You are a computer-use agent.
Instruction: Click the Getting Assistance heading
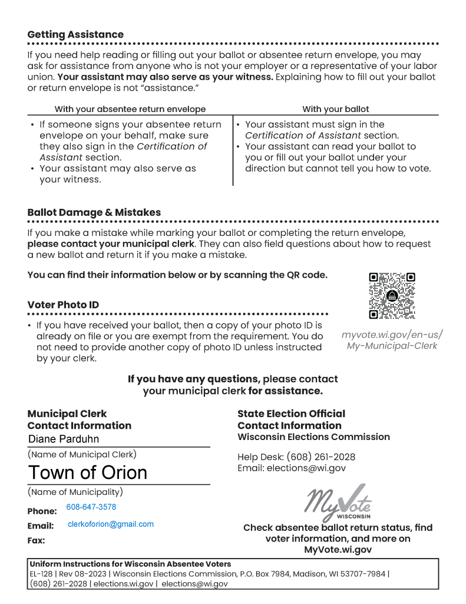(75, 35)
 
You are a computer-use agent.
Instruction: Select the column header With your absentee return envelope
(130, 109)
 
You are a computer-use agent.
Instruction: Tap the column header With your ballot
(336, 109)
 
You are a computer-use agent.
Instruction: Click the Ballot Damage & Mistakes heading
(94, 212)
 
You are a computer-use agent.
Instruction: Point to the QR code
(392, 296)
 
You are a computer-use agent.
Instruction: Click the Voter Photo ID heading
(63, 305)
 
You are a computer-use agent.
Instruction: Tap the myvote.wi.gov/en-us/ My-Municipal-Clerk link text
(392, 340)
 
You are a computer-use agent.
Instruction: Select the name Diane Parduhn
(64, 439)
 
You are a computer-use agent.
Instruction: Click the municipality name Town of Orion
(88, 472)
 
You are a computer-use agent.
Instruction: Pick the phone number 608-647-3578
(91, 507)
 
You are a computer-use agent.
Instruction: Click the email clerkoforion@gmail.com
(111, 524)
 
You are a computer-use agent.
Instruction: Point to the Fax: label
(36, 540)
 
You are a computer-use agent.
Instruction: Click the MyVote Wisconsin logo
(338, 501)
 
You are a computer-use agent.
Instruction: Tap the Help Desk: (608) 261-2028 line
(296, 457)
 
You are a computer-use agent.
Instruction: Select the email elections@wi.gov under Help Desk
(306, 468)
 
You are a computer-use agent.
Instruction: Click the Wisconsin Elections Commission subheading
(313, 437)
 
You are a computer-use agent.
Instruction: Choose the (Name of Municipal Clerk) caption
(82, 455)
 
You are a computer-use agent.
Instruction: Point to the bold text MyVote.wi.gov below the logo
(338, 550)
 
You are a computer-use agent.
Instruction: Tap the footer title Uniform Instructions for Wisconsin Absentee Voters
(130, 564)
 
